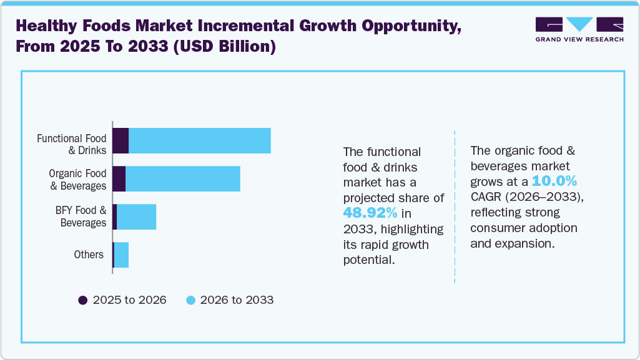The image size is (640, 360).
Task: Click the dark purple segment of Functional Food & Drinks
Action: pyautogui.click(x=121, y=140)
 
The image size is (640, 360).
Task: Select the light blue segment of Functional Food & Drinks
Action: pyautogui.click(x=199, y=140)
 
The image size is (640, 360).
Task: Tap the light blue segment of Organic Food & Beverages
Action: pyautogui.click(x=183, y=179)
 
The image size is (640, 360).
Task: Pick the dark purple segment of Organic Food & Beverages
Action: pyautogui.click(x=119, y=179)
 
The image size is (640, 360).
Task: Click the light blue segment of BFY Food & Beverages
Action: pyautogui.click(x=136, y=216)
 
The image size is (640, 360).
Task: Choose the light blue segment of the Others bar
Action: pyautogui.click(x=121, y=255)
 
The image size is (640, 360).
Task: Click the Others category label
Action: pyautogui.click(x=88, y=255)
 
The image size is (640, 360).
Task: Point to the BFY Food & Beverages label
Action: pyautogui.click(x=81, y=216)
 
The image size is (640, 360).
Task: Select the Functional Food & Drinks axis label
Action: pyautogui.click(x=71, y=144)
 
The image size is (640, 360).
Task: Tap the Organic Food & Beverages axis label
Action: pyautogui.click(x=77, y=179)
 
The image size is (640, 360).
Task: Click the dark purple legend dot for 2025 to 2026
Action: pyautogui.click(x=82, y=300)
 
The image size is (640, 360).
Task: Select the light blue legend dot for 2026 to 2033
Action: pyautogui.click(x=192, y=300)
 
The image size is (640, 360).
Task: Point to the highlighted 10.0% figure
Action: pyautogui.click(x=554, y=182)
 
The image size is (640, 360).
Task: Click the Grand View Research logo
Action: pyautogui.click(x=579, y=29)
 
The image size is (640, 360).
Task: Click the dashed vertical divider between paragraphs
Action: pyautogui.click(x=455, y=206)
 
